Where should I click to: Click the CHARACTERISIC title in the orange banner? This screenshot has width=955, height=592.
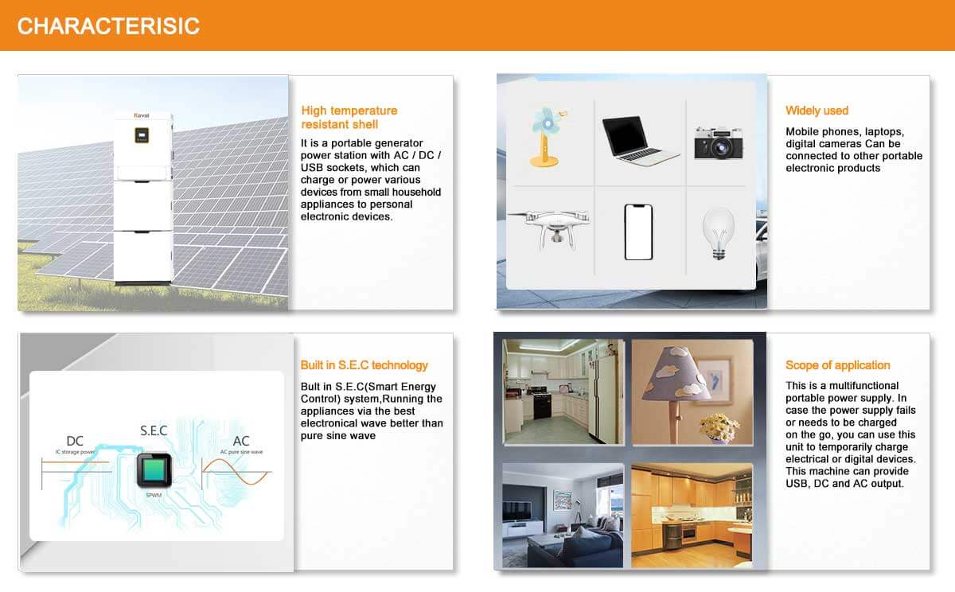[x=108, y=26]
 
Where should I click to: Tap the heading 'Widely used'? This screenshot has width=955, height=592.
[x=817, y=111]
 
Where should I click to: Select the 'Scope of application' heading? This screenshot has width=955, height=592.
[x=838, y=365]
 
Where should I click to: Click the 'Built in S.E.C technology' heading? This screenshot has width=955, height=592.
[x=364, y=365]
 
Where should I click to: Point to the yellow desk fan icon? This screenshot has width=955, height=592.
[x=546, y=137]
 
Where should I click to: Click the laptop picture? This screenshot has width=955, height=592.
[x=640, y=140]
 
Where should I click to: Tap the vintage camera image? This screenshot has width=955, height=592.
[x=719, y=142]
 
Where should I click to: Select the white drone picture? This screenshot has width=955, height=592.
[x=550, y=229]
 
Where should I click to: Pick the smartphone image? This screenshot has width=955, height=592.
[x=638, y=232]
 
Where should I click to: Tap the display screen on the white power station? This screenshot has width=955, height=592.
[x=142, y=135]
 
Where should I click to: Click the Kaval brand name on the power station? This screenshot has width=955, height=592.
[x=142, y=115]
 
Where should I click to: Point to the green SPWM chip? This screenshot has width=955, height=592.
[x=154, y=470]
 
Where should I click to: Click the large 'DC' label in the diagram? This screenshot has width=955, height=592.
[x=75, y=441]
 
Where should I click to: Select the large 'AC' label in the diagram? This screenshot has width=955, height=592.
[x=241, y=441]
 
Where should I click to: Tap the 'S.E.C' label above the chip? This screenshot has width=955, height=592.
[x=154, y=430]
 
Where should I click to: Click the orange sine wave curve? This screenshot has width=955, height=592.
[x=236, y=472]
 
